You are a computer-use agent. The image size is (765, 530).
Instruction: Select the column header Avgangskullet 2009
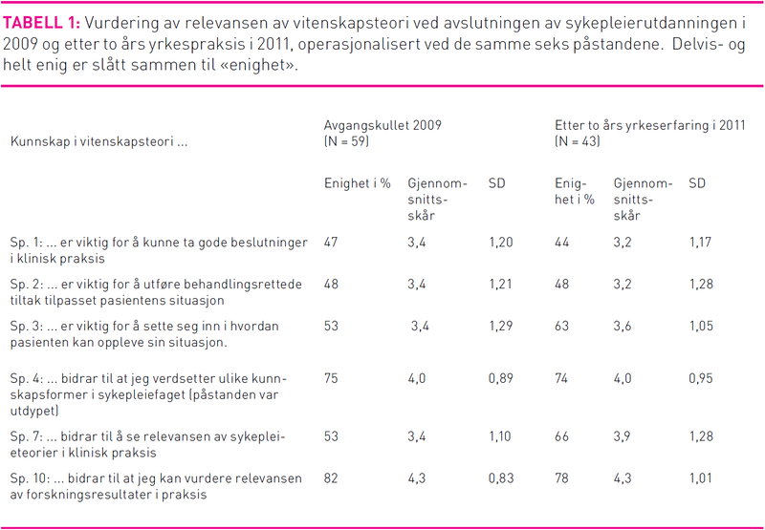coord(382,125)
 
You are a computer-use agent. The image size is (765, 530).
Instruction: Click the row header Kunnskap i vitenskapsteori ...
coord(98,142)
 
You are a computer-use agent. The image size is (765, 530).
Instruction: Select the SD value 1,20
coord(501,243)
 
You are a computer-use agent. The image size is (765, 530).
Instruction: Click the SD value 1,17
coord(701,243)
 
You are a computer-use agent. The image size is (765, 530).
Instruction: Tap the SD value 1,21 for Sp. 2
coord(501,285)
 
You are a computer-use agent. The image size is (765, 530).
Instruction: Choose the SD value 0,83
coord(501,477)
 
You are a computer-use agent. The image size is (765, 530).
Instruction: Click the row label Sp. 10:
coord(30,477)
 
